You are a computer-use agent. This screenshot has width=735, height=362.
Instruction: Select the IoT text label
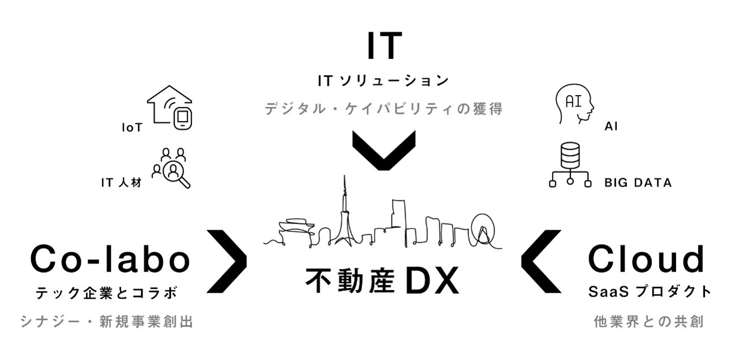tap(132, 128)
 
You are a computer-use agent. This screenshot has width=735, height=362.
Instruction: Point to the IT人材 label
tap(121, 183)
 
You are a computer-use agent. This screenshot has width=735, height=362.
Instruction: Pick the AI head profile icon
tap(574, 104)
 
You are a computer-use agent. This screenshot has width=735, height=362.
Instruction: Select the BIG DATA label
tap(638, 183)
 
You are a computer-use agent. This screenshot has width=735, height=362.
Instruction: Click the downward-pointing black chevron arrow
tap(384, 150)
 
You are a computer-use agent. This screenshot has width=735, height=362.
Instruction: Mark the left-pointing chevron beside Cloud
tap(540, 261)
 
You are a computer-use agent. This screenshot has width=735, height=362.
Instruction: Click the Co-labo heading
tap(110, 260)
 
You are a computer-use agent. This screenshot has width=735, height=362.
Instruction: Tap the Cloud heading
tap(647, 260)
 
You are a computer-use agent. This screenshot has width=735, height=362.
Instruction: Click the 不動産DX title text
tap(382, 281)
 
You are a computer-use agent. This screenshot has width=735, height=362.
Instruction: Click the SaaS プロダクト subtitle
tap(650, 292)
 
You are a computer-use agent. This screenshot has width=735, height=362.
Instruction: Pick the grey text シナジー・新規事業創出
tap(107, 322)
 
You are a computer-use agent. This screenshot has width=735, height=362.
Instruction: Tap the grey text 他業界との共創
tap(648, 322)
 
